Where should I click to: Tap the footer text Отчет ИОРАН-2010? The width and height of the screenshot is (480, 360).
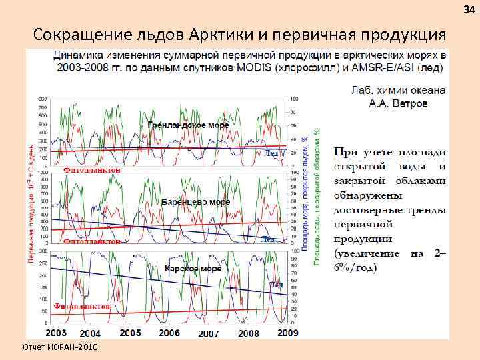click(x=60, y=348)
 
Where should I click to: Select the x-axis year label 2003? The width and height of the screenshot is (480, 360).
click(x=55, y=332)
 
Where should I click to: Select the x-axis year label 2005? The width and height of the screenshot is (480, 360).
click(x=130, y=332)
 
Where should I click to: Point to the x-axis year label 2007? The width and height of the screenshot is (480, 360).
click(x=209, y=333)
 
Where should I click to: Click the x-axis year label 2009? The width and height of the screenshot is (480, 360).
click(x=287, y=332)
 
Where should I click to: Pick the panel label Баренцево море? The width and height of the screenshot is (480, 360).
click(x=196, y=201)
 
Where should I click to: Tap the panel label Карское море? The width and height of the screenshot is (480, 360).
click(x=193, y=269)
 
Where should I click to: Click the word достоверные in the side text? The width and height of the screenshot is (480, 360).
click(x=366, y=210)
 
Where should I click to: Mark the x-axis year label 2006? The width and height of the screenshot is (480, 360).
click(x=169, y=332)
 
